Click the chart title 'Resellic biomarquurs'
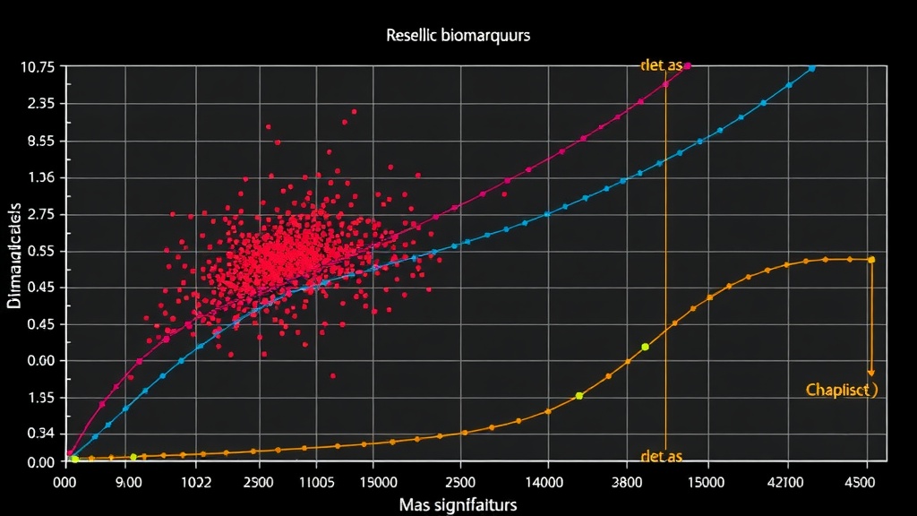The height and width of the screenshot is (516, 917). click(x=458, y=37)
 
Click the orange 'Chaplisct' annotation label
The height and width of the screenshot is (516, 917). click(x=841, y=390)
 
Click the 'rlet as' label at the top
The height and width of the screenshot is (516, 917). click(x=662, y=65)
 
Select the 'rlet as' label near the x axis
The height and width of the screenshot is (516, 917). click(x=662, y=457)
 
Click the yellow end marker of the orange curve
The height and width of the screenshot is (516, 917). click(x=870, y=260)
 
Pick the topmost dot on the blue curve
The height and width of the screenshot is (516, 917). click(x=811, y=68)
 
